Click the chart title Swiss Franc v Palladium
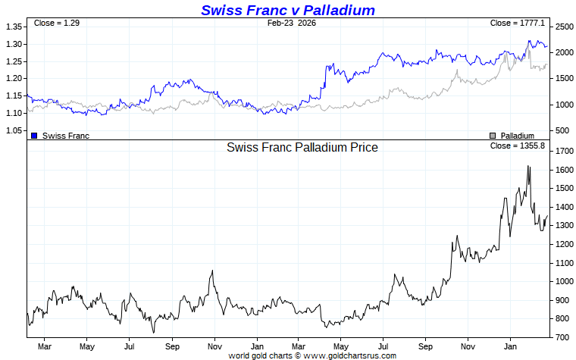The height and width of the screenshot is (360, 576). coord(288,10)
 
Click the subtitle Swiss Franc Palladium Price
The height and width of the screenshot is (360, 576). coord(302,147)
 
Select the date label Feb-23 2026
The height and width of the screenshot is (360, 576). coord(292,23)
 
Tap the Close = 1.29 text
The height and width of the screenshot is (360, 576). coord(57,23)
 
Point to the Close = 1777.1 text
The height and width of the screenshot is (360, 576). coord(518,23)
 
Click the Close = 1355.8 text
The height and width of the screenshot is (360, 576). coord(518,145)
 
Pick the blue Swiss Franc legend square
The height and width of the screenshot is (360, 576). coord(34,136)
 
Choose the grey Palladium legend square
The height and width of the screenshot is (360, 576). coord(493,136)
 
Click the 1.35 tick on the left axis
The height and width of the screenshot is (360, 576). coord(13,27)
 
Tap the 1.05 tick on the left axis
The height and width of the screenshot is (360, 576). coord(13,131)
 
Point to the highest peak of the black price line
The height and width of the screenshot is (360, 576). coord(527,166)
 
